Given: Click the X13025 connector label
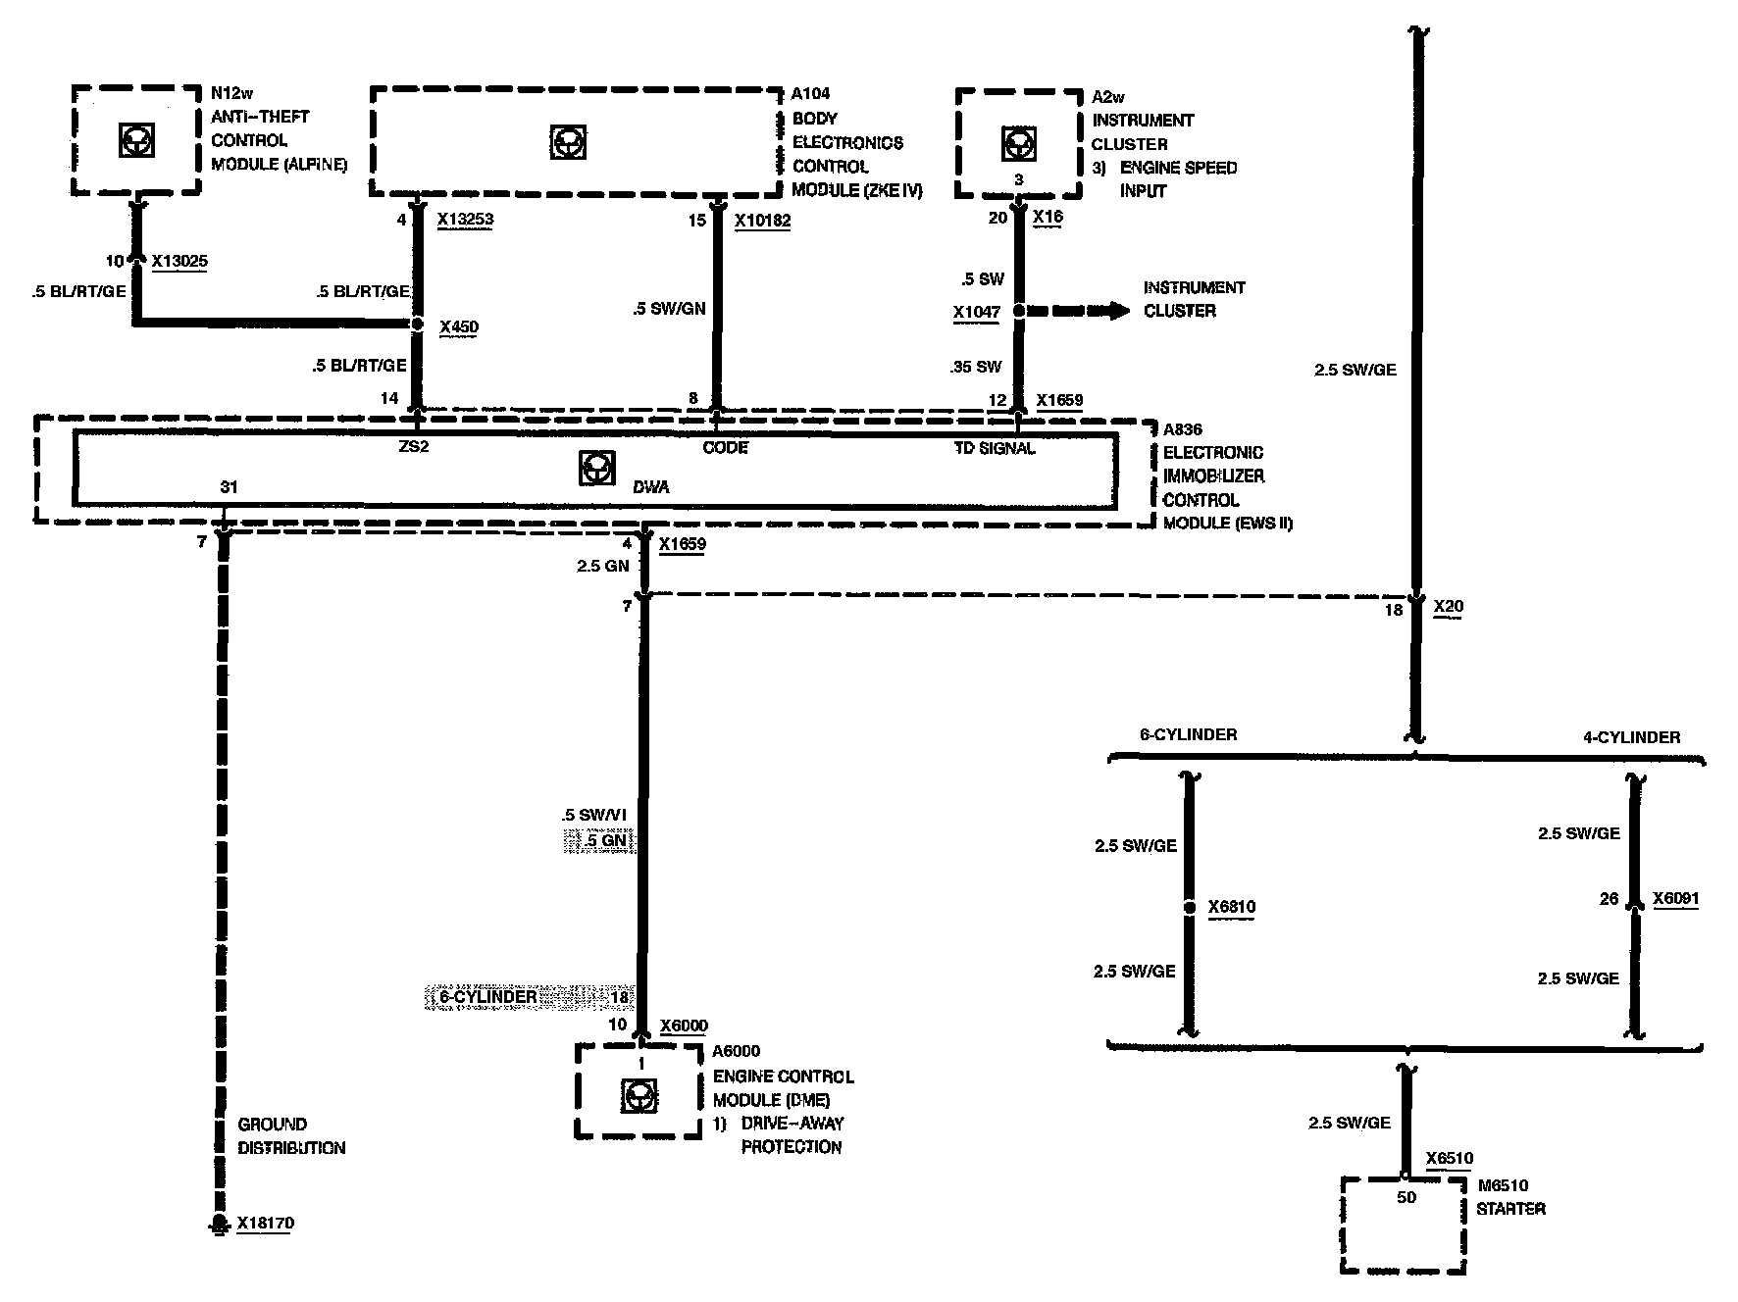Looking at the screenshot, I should click(x=179, y=261).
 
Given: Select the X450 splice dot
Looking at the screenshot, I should click(x=417, y=325).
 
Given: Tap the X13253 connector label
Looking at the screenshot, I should click(x=465, y=220).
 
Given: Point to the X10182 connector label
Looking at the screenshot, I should click(x=762, y=221).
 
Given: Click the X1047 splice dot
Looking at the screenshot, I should click(x=1018, y=311).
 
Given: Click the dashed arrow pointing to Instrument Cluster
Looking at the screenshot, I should click(x=1079, y=311).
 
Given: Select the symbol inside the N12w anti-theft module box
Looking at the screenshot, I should click(x=135, y=140).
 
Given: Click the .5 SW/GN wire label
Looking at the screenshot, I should click(x=669, y=309).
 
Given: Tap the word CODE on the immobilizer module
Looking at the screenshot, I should click(x=725, y=448).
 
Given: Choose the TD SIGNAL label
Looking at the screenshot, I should click(x=995, y=448).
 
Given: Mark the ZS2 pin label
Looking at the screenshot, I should click(x=414, y=448).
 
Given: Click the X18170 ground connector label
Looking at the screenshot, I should click(x=265, y=1224).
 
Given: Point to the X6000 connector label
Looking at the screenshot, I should click(x=684, y=1026).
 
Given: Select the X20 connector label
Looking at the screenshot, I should click(x=1448, y=607).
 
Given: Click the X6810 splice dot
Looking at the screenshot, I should click(x=1189, y=908).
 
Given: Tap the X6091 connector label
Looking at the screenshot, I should click(x=1675, y=898).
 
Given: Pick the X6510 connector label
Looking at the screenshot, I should click(x=1450, y=1158).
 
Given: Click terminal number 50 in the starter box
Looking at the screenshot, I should click(x=1406, y=1197).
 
